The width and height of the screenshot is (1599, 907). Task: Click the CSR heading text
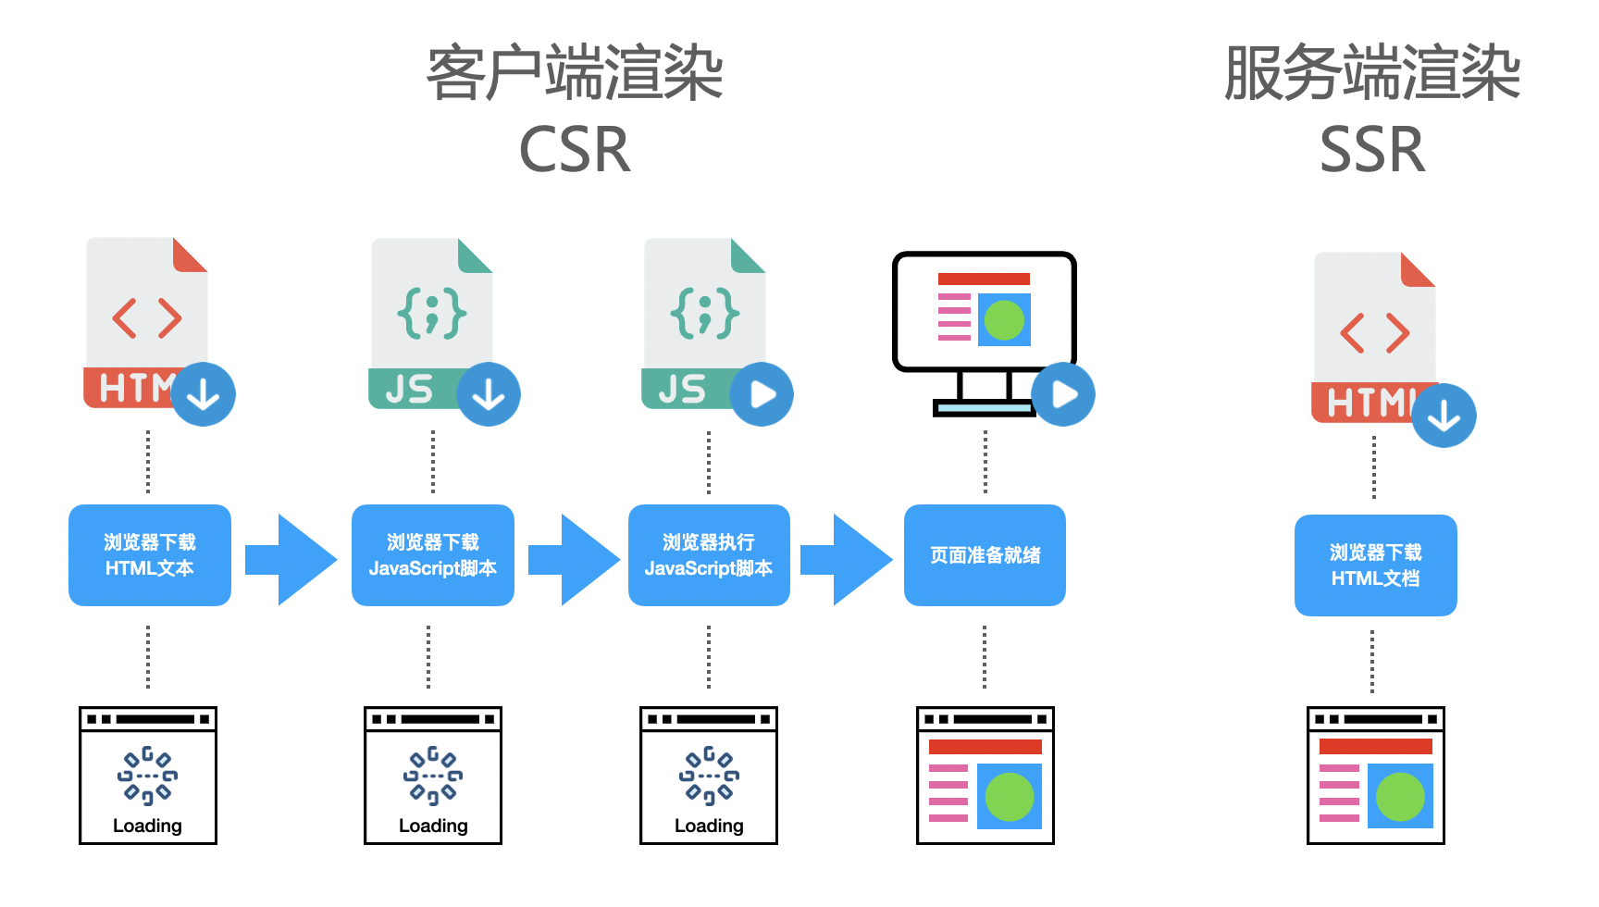pos(575,150)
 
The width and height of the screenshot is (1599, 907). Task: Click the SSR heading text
pos(1372,150)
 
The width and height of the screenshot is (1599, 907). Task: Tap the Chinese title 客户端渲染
pos(575,73)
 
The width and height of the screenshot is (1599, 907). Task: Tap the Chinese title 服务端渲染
pos(1372,73)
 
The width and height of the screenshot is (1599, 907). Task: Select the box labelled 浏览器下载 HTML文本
pos(150,555)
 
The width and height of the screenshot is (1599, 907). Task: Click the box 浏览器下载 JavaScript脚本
pos(432,555)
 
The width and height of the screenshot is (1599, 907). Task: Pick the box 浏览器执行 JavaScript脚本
pos(709,555)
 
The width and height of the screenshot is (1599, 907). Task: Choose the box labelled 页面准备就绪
pos(985,555)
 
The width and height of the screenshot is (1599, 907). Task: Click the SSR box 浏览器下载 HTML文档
pos(1375,565)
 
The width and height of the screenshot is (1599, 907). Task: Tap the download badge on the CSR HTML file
pos(204,395)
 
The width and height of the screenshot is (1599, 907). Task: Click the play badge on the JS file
pos(762,394)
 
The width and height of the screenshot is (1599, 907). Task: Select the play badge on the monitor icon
pos(1063,394)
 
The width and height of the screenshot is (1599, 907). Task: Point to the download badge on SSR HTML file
pos(1444,416)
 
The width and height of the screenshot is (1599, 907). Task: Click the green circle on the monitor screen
pos(1004,320)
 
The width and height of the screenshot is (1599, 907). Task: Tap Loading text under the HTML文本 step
pos(148,826)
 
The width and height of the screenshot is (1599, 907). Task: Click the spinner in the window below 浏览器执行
pos(709,776)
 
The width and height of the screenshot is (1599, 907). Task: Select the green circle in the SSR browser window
pos(1400,796)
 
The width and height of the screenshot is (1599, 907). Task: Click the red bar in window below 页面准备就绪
pos(985,747)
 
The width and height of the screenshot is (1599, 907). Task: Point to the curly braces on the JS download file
pos(432,313)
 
